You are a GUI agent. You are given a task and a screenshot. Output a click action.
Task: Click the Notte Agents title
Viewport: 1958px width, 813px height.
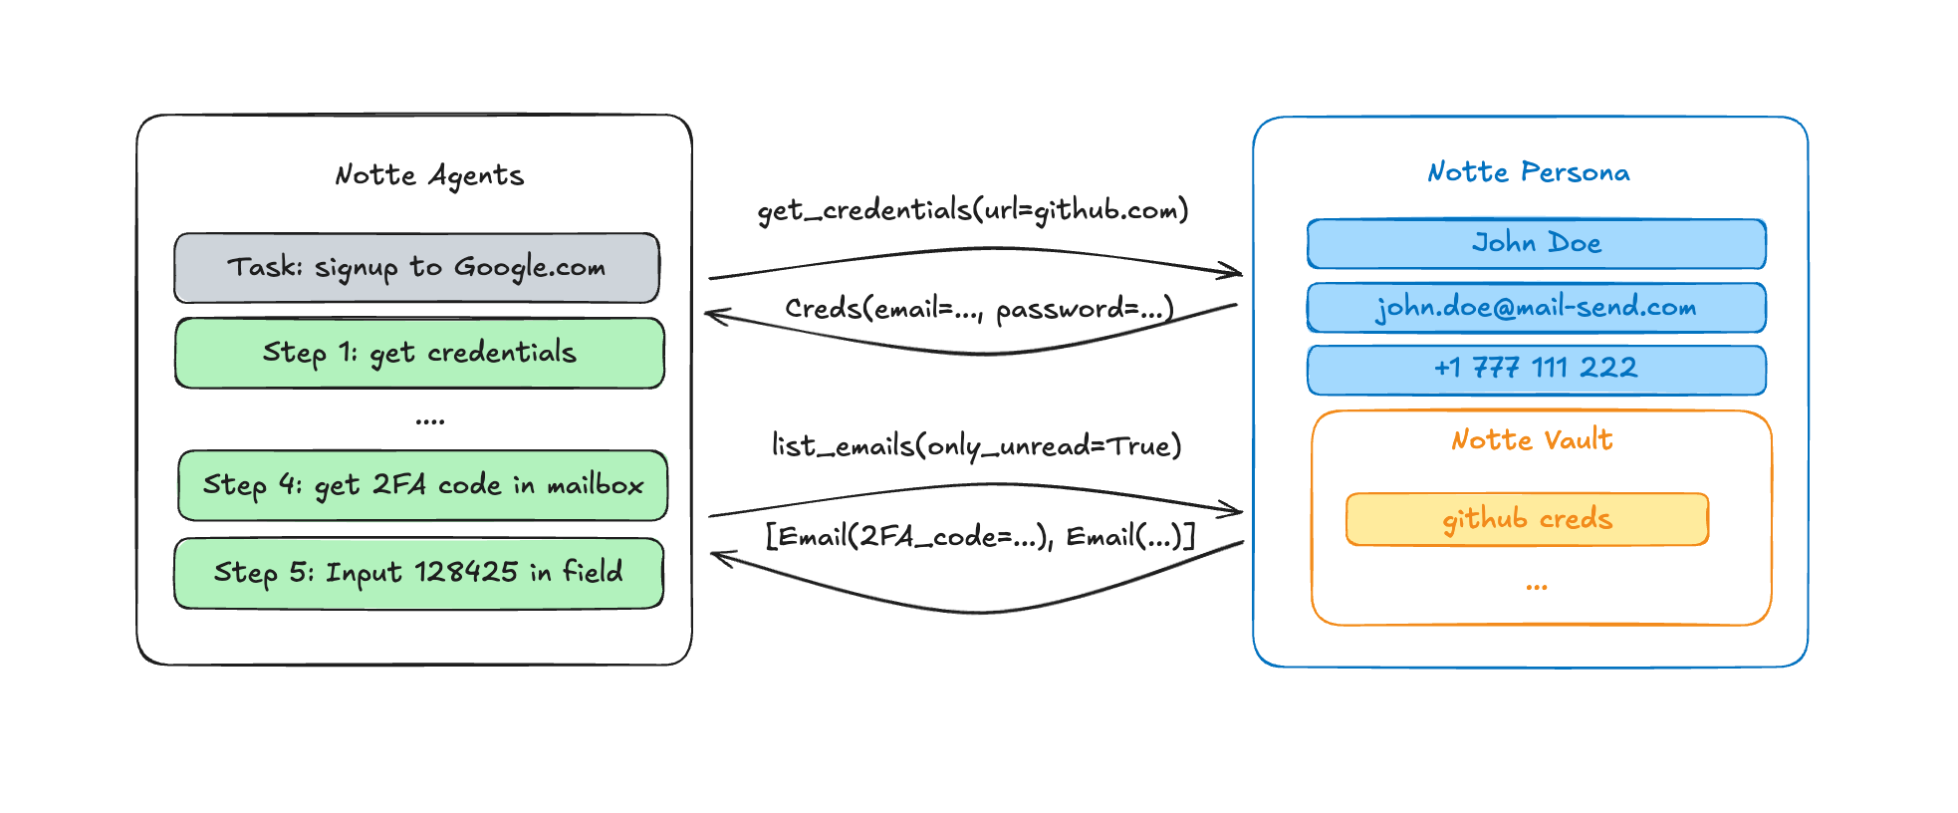(x=429, y=175)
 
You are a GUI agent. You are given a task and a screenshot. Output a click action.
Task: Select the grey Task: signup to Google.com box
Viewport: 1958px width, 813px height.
(x=416, y=268)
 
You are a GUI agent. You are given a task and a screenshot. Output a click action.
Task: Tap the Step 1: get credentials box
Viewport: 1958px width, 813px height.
(x=419, y=353)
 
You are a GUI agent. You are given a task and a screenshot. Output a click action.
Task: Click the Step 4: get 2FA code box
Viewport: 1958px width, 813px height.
(x=422, y=485)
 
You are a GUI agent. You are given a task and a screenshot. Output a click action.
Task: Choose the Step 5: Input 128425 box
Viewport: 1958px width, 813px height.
(x=418, y=573)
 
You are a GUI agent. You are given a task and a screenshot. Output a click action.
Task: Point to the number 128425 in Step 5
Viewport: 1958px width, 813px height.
(x=466, y=572)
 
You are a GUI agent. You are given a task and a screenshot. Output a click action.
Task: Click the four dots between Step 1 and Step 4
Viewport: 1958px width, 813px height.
(x=430, y=421)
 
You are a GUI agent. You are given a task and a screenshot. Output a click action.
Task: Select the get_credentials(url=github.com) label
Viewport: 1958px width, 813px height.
(x=973, y=210)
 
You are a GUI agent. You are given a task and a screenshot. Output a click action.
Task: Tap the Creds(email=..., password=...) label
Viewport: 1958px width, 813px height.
(x=979, y=308)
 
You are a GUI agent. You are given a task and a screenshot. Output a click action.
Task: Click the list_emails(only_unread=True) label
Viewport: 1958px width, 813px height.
(x=977, y=444)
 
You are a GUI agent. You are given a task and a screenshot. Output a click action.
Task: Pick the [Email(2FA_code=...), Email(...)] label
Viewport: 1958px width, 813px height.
(x=980, y=536)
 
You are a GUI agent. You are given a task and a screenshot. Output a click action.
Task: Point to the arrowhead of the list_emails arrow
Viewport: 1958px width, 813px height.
(x=1238, y=511)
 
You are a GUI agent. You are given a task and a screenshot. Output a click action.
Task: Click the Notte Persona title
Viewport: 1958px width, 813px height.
(x=1529, y=172)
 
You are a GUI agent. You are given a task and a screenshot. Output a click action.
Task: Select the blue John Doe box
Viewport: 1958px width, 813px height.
(x=1536, y=243)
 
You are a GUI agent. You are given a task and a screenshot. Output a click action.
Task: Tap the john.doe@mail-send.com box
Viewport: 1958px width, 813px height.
(x=1536, y=307)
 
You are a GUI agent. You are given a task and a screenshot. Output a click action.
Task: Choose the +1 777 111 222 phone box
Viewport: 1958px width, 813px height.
(x=1536, y=369)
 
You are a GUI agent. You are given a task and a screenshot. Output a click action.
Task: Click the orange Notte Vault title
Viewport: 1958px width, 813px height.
(x=1532, y=439)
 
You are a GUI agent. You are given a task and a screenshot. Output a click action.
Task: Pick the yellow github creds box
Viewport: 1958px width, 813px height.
(x=1527, y=519)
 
